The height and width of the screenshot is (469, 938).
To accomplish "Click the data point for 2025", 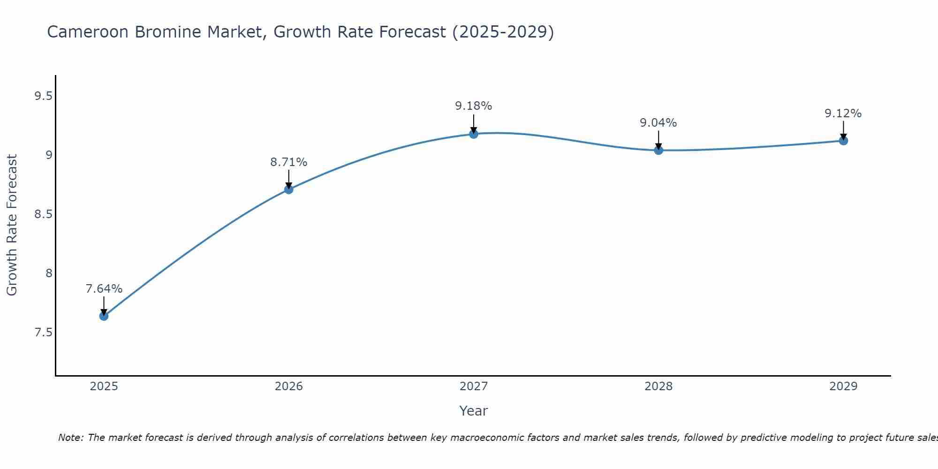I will pos(104,316).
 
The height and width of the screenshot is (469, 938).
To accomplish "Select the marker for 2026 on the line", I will pos(289,189).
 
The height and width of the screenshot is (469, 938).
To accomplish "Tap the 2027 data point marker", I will pos(474,134).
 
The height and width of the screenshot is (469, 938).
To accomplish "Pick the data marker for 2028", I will pos(658,151).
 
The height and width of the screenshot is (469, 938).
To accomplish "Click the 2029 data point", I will pos(843,141).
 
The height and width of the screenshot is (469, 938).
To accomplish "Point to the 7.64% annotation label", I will pos(104,289).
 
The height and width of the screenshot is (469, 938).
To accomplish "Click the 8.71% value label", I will pos(289,162).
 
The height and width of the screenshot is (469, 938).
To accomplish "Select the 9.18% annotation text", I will pos(474,106).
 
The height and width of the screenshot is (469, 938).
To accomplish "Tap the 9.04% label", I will pos(658,123).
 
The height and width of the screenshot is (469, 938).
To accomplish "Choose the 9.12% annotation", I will pos(843,113).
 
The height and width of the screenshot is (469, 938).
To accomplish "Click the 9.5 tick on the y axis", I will pos(43,96).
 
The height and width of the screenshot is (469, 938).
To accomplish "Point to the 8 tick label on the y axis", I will pos(49,273).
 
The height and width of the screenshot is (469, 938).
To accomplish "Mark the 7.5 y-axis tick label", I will pos(43,333).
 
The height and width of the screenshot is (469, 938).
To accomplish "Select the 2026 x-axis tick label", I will pos(289,386).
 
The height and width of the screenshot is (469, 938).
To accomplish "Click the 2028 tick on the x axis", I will pos(658,386).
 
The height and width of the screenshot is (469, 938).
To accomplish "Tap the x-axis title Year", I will pos(474,411).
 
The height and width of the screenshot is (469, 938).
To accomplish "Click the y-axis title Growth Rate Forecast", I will pos(12,225).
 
